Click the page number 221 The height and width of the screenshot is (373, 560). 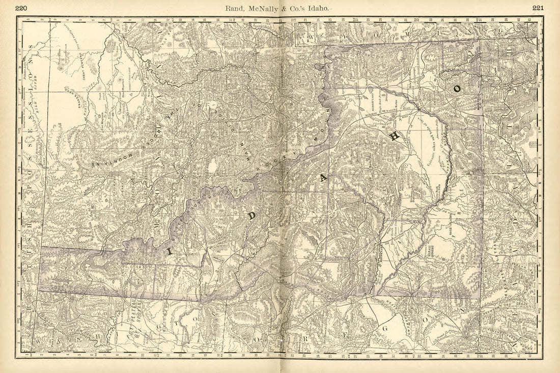tap(539, 8)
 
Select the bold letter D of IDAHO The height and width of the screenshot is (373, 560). tap(251, 216)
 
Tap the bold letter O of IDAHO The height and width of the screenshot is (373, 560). tap(457, 88)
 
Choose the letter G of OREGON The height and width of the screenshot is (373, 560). tap(385, 329)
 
